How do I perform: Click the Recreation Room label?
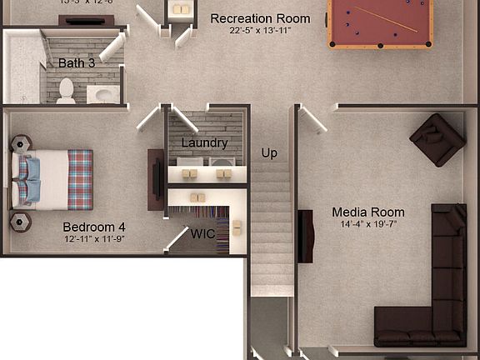(x=260, y=18)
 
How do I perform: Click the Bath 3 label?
(x=76, y=63)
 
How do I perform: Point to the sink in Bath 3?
(x=104, y=94)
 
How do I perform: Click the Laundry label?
(x=204, y=142)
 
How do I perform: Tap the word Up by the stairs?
(x=269, y=153)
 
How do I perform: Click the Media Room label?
(x=367, y=212)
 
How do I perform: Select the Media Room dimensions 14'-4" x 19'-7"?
(x=367, y=224)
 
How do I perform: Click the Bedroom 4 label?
(x=94, y=226)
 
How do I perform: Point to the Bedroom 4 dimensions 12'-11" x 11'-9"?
(x=94, y=238)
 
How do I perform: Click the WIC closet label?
(x=203, y=233)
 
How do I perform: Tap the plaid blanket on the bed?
(x=80, y=177)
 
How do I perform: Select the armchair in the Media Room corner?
(x=437, y=138)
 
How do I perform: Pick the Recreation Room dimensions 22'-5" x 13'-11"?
(x=260, y=31)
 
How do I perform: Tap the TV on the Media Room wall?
(x=306, y=237)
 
